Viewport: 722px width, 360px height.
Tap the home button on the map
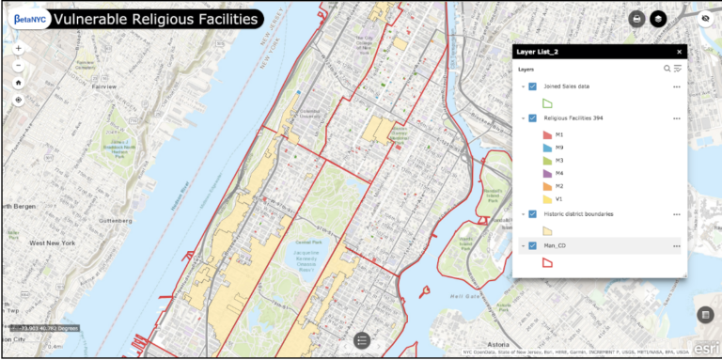19,82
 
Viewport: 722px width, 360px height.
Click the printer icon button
636,19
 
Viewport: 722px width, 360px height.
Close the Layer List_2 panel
679,52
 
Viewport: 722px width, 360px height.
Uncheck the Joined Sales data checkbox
532,86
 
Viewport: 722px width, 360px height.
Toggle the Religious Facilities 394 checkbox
532,118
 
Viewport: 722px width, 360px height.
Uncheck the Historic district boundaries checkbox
532,214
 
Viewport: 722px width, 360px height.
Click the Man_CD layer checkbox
532,246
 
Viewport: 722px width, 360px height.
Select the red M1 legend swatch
547,135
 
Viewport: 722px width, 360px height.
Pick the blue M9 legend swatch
547,148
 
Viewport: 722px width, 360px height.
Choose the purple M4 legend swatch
547,173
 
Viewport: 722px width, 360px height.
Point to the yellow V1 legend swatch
547,198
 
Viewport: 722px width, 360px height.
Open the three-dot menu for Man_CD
676,246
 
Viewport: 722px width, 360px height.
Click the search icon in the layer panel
667,69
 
